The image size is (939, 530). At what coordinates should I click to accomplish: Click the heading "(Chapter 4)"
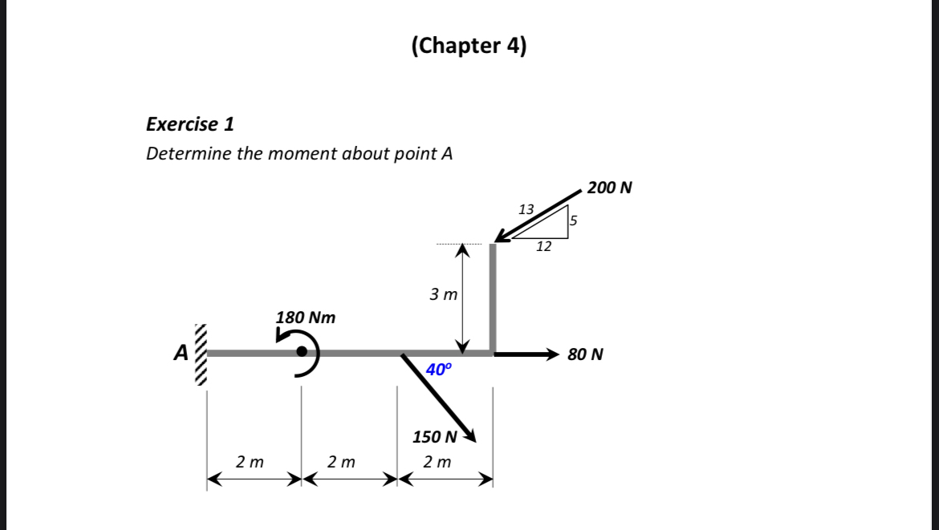[469, 46]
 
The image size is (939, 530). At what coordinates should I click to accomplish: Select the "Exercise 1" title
[190, 124]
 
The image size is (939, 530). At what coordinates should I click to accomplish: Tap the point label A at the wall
[181, 351]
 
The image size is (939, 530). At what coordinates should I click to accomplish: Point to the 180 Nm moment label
[305, 318]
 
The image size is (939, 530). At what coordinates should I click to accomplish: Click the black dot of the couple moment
[302, 352]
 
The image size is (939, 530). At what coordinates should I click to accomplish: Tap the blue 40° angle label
[439, 370]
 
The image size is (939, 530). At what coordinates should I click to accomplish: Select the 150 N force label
[434, 437]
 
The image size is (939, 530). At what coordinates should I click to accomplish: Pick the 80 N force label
[585, 354]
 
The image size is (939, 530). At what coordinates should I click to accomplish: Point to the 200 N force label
[609, 188]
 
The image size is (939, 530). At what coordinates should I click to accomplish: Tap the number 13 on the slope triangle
[526, 209]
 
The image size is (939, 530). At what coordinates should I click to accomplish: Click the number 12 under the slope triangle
[543, 247]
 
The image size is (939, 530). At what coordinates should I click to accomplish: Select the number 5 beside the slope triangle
[574, 220]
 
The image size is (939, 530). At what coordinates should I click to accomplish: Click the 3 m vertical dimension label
[443, 294]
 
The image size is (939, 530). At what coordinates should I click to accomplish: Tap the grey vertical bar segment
[493, 297]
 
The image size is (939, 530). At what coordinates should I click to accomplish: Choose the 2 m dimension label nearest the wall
[250, 462]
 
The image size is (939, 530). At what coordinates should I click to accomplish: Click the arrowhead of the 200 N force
[502, 236]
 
